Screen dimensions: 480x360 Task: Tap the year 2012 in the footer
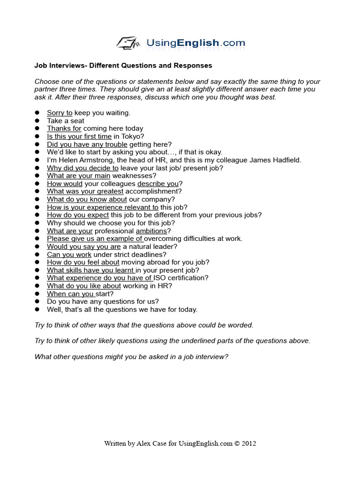click(247, 443)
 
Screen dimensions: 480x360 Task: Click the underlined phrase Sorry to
click(60, 112)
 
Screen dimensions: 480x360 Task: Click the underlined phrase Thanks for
click(64, 128)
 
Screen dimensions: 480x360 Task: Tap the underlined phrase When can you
click(71, 294)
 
